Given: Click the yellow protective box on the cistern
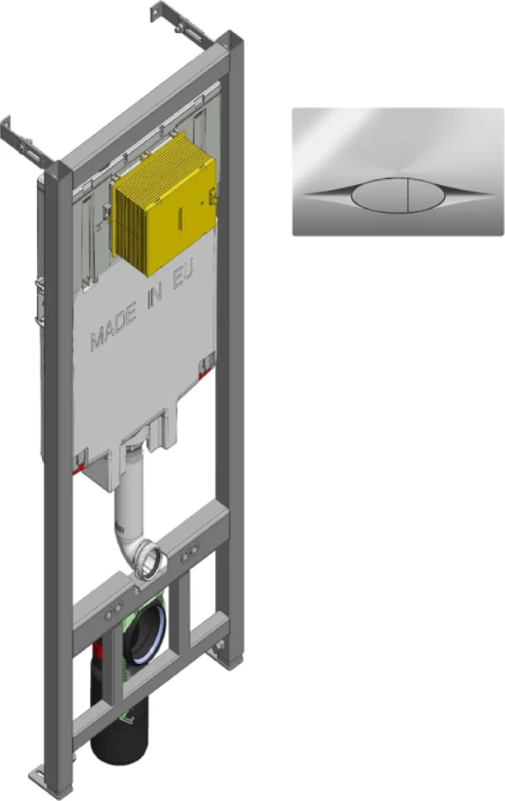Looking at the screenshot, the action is (x=163, y=203).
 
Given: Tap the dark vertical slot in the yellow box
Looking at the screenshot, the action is (x=180, y=218).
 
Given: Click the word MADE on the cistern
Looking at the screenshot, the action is (x=114, y=326).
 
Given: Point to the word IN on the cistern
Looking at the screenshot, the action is (x=155, y=296).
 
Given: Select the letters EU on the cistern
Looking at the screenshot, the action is (x=184, y=277).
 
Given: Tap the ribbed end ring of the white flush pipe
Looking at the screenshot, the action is (x=150, y=561).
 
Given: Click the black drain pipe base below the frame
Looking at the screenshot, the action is (x=120, y=736).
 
